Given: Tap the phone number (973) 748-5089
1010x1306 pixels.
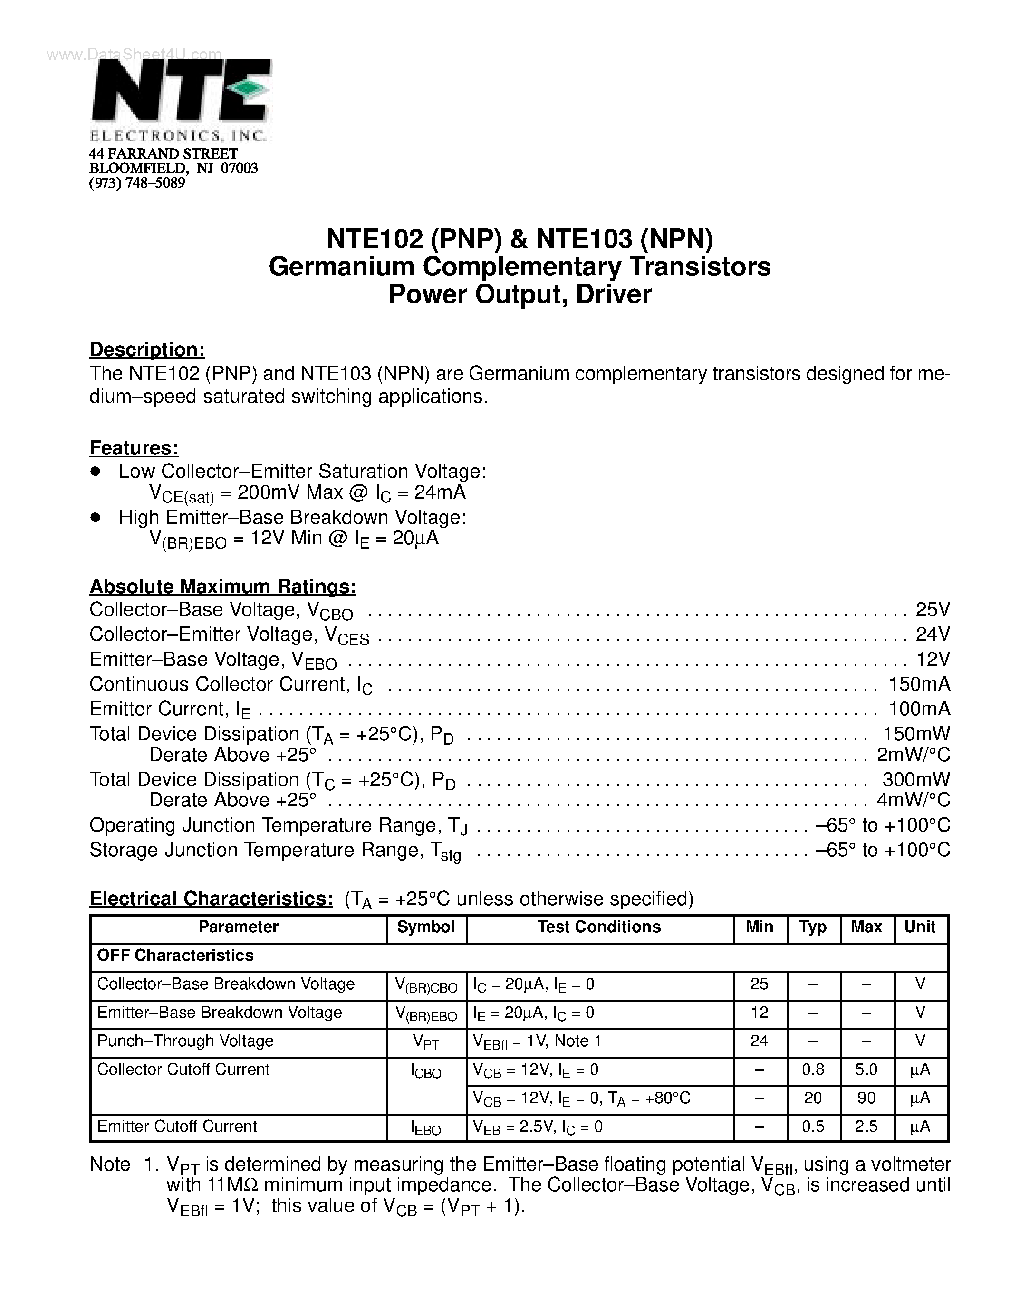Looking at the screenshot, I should [x=137, y=183].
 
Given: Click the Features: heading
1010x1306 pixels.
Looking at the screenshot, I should [x=134, y=448].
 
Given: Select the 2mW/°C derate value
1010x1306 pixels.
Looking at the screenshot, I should [x=913, y=755].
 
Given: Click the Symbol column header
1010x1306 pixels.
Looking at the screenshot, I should [x=425, y=927].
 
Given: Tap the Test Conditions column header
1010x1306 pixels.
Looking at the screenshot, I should [x=598, y=927].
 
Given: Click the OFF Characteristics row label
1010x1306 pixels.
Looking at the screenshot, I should [x=175, y=956].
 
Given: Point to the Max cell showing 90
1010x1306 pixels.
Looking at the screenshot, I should [x=866, y=1098].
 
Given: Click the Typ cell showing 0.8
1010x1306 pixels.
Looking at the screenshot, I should [x=813, y=1069].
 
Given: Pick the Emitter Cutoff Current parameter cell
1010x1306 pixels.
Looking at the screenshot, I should [x=177, y=1126].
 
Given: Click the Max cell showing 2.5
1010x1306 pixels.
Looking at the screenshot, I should [x=866, y=1126].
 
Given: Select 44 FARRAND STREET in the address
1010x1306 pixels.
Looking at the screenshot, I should [x=164, y=154].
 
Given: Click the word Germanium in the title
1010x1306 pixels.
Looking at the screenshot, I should [x=342, y=267].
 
